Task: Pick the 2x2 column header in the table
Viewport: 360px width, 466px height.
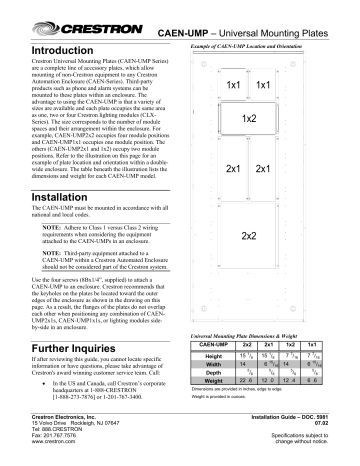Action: (x=247, y=343)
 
